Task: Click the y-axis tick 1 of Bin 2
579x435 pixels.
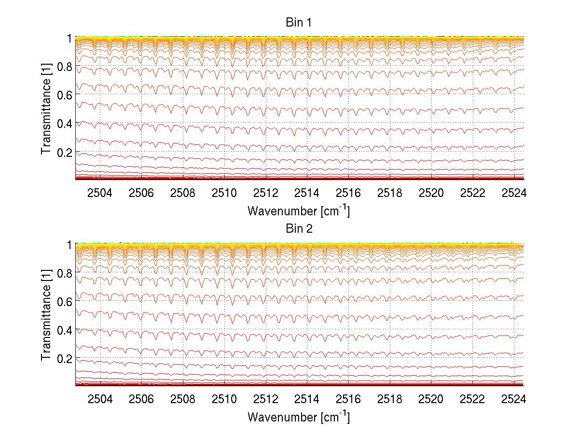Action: pyautogui.click(x=69, y=245)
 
